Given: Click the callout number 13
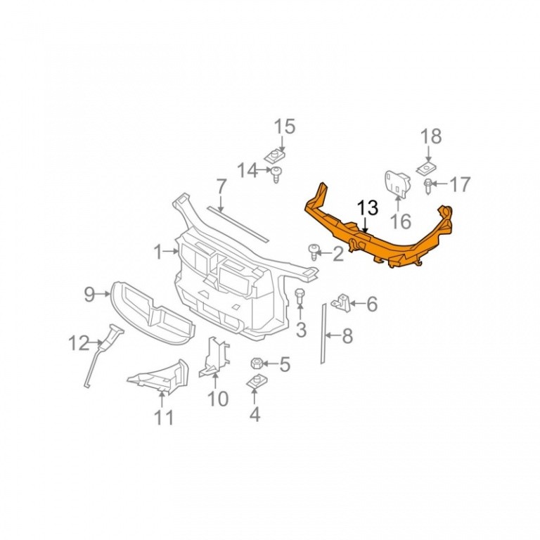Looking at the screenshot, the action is [368, 208].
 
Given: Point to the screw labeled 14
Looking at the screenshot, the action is [276, 174].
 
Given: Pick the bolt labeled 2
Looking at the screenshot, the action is [314, 252].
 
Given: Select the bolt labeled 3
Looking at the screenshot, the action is [300, 295].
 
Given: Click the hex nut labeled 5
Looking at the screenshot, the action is [257, 363].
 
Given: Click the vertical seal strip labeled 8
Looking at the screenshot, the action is [323, 333].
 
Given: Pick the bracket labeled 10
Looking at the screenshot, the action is [214, 357].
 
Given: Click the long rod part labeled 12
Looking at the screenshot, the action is [103, 354].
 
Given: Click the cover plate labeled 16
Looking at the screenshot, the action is [397, 185].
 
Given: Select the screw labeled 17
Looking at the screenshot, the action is [428, 186].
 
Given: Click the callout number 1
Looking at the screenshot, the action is [157, 252].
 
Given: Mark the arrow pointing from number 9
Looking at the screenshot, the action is [103, 294].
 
